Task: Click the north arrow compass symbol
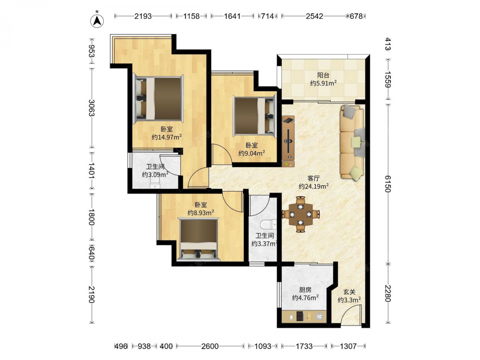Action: pos(97,20)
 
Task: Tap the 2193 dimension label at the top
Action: pos(143,16)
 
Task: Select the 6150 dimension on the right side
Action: pos(388,184)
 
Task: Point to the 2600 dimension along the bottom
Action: pos(210,346)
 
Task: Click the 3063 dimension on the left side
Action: pos(91,108)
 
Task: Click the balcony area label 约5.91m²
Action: pos(323,83)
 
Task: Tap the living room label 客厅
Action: pos(313,178)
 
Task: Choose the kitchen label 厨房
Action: pos(305,289)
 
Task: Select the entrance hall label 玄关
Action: pos(349,292)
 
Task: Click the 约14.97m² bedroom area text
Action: pos(167,137)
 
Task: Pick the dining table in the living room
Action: pos(301,214)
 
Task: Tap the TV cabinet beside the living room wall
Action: pos(288,141)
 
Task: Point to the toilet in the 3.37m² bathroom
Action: pos(268,225)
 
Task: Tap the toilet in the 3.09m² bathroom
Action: pos(155,185)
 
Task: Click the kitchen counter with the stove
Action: pos(304,316)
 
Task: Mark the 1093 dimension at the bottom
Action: pos(263,346)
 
